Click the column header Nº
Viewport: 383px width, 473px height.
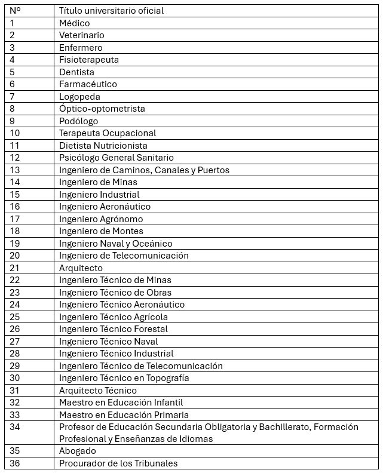pos(15,11)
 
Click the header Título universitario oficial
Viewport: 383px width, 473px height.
pos(111,11)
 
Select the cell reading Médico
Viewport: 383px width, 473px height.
pos(74,23)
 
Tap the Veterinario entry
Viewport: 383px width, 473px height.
pos(81,35)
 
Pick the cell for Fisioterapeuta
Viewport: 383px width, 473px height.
pos(88,60)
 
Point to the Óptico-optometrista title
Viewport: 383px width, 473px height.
pos(102,109)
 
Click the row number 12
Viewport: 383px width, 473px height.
pos(15,158)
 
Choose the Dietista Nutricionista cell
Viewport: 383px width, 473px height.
pos(103,145)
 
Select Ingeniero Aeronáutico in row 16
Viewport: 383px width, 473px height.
pos(105,207)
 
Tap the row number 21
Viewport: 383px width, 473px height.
pos(15,268)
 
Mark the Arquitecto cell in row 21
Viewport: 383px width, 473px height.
pos(81,268)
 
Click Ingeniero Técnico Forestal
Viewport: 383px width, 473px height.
pos(113,329)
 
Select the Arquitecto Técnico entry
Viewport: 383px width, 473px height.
pos(97,391)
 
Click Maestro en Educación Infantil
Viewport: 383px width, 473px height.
pos(121,403)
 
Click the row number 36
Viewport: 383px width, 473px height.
pos(15,463)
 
